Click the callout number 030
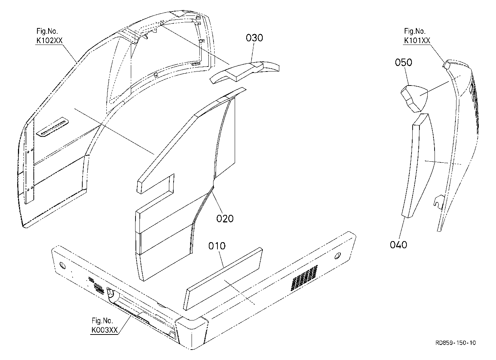[x=254, y=38]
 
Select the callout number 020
[x=225, y=219]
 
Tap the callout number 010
[x=217, y=246]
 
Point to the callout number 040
[x=398, y=245]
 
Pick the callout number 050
[x=403, y=63]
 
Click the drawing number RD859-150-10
[x=455, y=343]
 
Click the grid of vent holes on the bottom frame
[x=304, y=278]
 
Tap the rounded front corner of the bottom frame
[x=192, y=332]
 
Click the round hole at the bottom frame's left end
[x=63, y=265]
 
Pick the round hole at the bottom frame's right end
[x=337, y=256]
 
